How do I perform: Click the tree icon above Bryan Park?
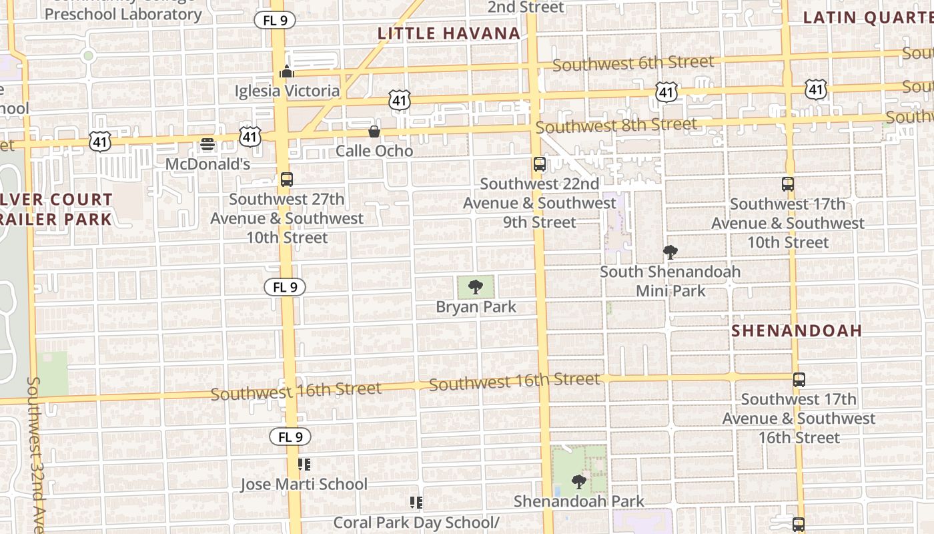476,288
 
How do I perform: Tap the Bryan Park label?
476,307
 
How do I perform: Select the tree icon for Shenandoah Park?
578,481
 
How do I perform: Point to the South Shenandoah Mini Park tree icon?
670,252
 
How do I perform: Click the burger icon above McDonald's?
207,144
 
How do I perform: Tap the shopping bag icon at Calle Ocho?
374,131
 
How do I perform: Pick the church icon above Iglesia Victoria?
287,71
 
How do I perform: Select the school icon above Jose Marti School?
304,465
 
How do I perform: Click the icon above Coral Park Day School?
416,503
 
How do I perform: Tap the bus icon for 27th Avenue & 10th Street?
287,180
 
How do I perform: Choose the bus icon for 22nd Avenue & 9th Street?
539,164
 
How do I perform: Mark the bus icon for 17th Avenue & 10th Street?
788,184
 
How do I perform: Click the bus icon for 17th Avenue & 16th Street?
799,380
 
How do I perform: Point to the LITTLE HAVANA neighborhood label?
449,33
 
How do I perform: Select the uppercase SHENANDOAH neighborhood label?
797,330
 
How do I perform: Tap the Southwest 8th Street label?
616,125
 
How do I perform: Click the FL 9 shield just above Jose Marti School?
290,437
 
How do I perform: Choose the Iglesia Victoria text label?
287,91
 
